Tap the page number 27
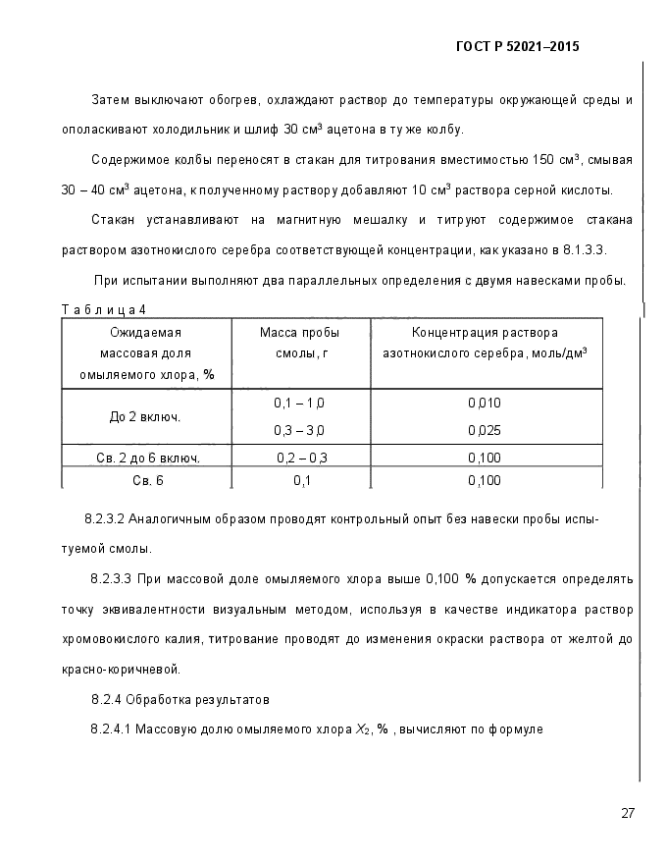(x=628, y=813)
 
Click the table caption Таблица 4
(x=103, y=310)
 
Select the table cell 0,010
(x=484, y=404)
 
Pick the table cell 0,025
(x=484, y=430)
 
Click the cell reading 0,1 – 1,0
(x=299, y=404)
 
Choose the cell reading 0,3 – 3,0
(x=299, y=430)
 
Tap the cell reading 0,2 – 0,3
(x=301, y=458)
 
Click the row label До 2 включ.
(x=145, y=417)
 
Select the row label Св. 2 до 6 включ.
(x=148, y=458)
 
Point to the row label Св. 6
(x=148, y=480)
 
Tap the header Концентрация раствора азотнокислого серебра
(x=484, y=343)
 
